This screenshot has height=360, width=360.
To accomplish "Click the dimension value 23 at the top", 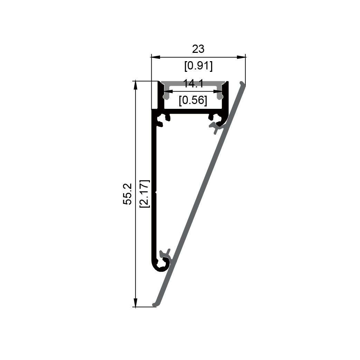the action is [198, 49].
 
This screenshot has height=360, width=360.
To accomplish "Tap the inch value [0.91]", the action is [199, 66].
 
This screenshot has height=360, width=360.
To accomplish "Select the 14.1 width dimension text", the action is [193, 84].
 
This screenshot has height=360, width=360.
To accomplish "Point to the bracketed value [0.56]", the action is [193, 101].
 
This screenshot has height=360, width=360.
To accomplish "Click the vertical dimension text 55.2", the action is [127, 194].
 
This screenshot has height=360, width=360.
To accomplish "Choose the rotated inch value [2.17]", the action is [145, 194].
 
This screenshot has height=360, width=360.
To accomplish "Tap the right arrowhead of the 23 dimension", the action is [241, 57].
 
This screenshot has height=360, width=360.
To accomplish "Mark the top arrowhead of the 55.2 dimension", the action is [135, 85].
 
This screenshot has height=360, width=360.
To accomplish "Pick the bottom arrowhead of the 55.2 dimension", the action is [135, 302].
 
